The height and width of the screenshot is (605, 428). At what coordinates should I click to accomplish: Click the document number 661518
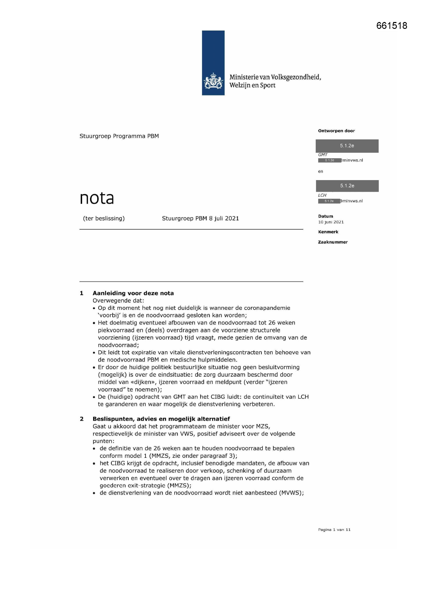[392, 26]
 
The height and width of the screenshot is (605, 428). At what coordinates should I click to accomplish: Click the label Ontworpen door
[336, 131]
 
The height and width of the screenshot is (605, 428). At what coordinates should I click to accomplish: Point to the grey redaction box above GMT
[347, 146]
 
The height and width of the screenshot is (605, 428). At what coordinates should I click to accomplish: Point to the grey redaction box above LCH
[347, 186]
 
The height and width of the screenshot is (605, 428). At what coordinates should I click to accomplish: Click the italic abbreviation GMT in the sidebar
[323, 155]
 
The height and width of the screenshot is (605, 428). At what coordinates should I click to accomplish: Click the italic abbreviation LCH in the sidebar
[322, 195]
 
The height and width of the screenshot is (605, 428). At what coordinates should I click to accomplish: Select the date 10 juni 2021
[331, 222]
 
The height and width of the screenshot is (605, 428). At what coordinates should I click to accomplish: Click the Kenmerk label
[328, 232]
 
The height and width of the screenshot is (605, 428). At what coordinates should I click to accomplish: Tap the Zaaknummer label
[333, 242]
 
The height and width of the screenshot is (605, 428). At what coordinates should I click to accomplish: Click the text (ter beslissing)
[104, 218]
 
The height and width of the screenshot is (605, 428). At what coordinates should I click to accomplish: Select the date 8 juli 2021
[224, 218]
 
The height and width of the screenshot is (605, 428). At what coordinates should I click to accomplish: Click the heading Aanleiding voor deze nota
[133, 293]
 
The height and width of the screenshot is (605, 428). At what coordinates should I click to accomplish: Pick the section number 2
[82, 419]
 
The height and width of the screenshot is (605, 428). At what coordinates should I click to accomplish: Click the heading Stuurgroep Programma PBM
[119, 136]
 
